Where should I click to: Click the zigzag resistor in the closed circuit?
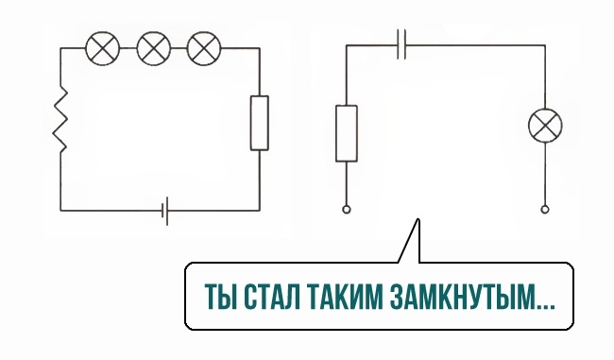tap(60, 119)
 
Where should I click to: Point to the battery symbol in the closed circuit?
tap(165, 211)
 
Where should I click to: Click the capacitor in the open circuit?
tap(401, 44)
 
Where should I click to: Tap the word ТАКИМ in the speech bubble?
tap(346, 297)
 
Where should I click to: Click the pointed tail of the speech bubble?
tap(418, 219)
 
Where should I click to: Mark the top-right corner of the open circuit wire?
tap(545, 45)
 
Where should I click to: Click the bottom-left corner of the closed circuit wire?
tap(60, 211)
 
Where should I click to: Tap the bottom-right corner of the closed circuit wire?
tap(259, 211)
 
